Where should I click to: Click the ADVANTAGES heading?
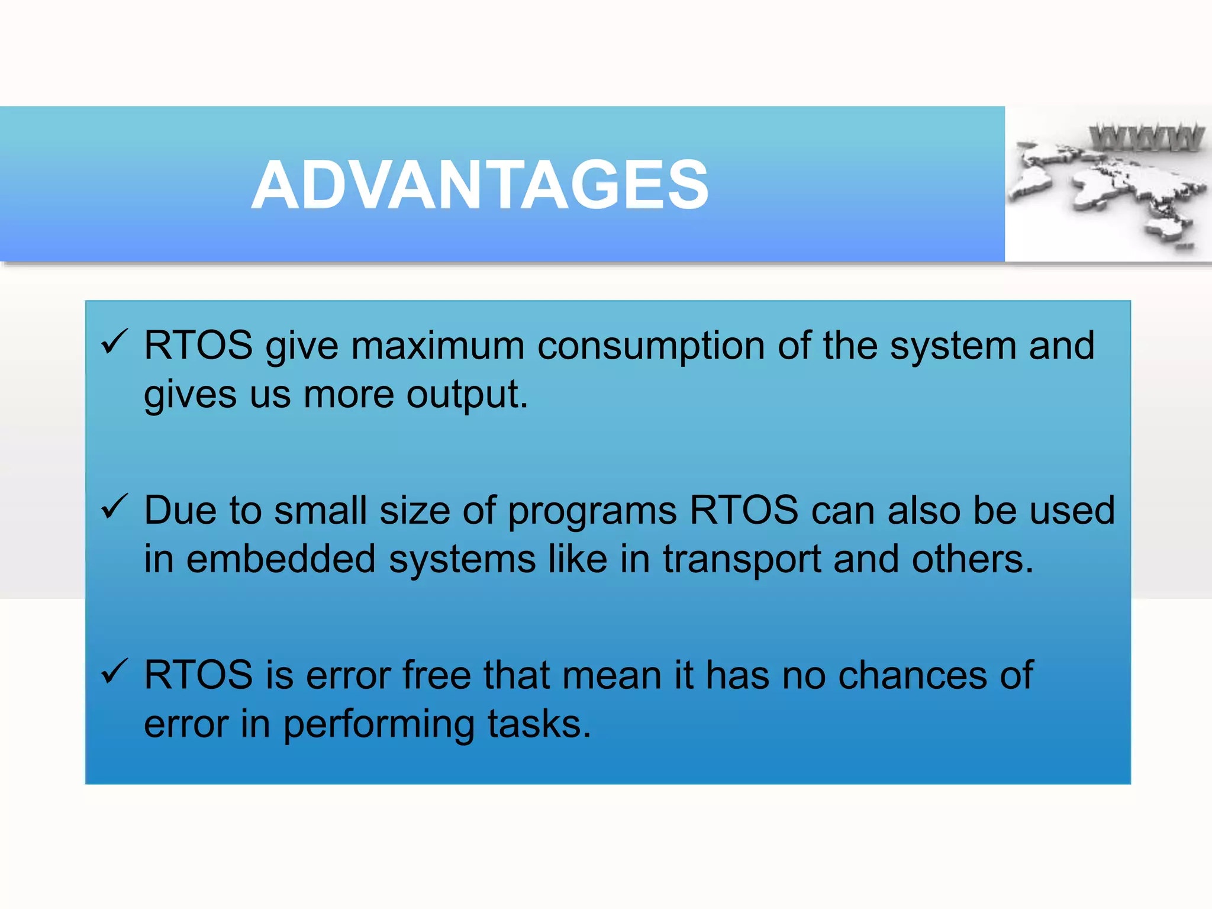coord(480,185)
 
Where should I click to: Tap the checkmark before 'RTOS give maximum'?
coord(114,343)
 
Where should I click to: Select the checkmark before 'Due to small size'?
coord(114,507)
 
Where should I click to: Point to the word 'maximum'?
coord(437,346)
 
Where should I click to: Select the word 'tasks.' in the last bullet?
coord(539,724)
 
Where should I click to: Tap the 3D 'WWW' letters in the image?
coord(1146,138)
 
